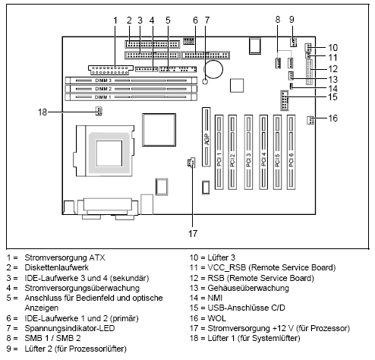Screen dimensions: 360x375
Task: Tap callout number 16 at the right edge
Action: (x=332, y=118)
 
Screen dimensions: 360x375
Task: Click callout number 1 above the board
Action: (x=115, y=20)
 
